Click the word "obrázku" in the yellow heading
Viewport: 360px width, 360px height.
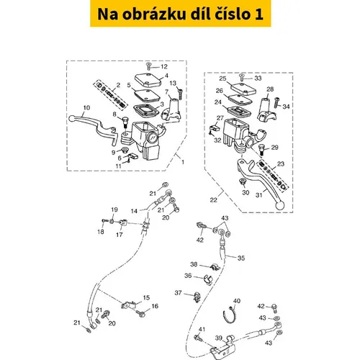tap(154, 14)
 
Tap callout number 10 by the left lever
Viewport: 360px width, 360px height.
tap(86, 108)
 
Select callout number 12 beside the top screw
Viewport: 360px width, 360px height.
tap(164, 66)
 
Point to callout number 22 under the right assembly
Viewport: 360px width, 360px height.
tap(213, 199)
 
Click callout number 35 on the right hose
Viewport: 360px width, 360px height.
tap(241, 258)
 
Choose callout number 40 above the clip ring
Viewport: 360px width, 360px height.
tap(237, 301)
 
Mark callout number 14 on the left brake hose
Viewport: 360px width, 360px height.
tap(134, 211)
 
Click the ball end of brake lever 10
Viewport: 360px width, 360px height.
tap(72, 118)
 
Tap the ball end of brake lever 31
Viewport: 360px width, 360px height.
tap(279, 205)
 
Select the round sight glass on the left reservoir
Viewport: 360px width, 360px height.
tap(152, 138)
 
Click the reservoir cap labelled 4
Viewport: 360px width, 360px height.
tap(148, 80)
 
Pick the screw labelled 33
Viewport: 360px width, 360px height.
tap(242, 77)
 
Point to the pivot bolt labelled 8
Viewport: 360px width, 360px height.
tap(125, 122)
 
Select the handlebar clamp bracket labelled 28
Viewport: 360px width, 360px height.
tap(266, 109)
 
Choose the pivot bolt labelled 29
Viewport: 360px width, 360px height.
tap(261, 149)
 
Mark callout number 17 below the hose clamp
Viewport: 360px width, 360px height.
tap(120, 235)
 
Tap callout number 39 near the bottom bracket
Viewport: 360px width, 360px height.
tap(218, 338)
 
